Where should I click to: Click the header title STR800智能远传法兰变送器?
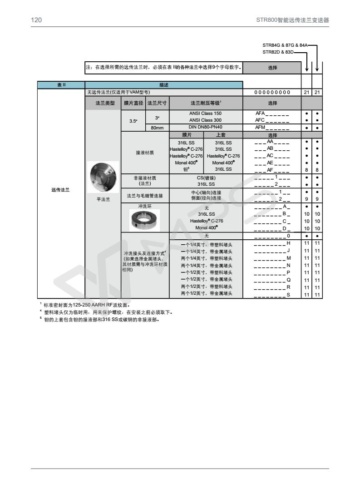(x=292, y=20)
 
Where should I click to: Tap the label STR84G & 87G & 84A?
(x=285, y=45)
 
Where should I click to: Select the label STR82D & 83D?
(x=278, y=52)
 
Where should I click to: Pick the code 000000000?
(x=272, y=93)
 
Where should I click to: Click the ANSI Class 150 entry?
(x=206, y=113)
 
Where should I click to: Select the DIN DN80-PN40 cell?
(x=206, y=128)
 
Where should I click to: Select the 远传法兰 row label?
(x=61, y=190)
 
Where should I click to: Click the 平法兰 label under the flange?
(x=103, y=199)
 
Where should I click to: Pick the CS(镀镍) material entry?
(x=206, y=178)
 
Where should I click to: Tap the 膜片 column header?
(x=186, y=135)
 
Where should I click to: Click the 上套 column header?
(x=223, y=135)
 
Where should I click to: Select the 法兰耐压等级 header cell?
(x=206, y=103)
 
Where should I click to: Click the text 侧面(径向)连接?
(x=206, y=198)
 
